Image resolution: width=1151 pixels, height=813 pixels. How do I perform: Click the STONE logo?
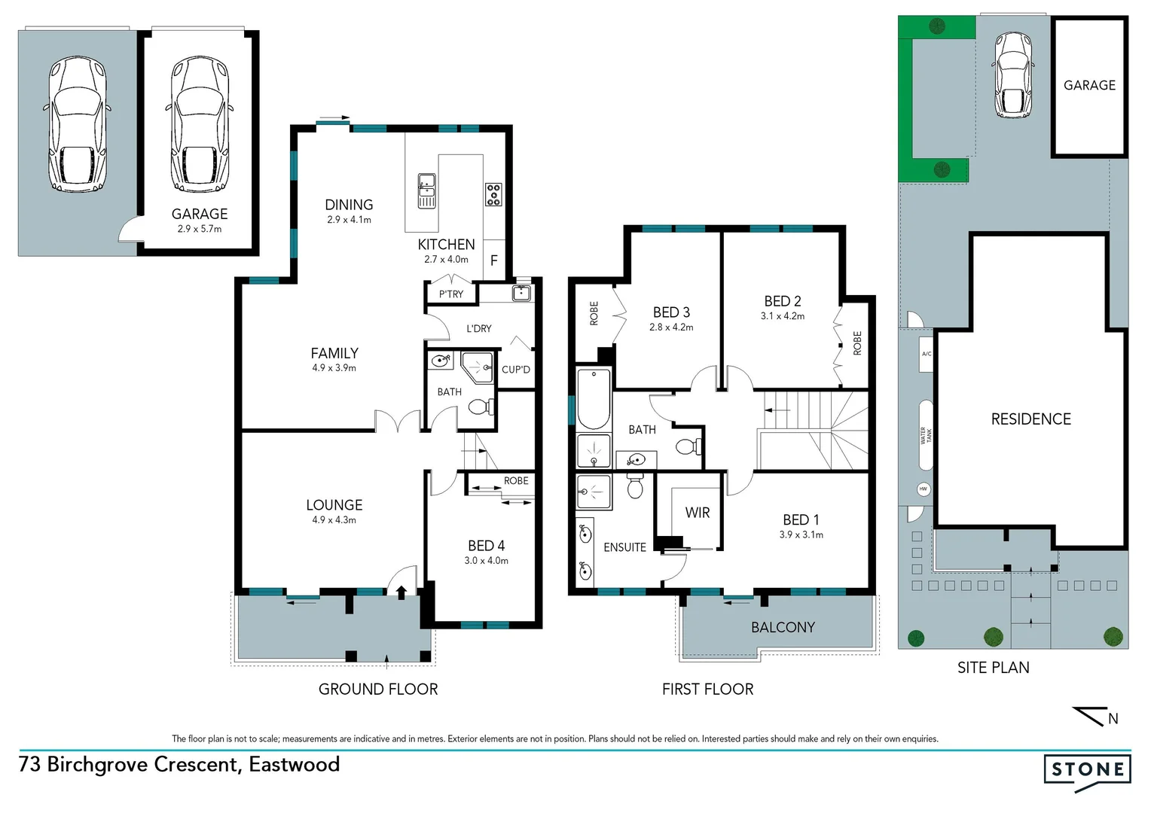pos(1087,770)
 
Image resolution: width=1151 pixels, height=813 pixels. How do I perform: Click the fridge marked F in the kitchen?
pos(494,260)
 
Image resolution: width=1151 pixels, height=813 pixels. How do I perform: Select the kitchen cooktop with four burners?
pos(493,194)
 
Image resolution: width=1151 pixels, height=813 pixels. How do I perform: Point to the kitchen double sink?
pos(426,190)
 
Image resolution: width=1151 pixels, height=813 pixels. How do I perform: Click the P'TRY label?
pos(451,294)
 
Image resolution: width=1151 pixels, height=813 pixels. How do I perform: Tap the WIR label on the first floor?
pos(697,513)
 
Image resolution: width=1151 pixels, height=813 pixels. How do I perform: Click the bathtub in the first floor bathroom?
pos(594,397)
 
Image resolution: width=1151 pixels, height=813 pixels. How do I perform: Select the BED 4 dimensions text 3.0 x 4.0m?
pos(486,560)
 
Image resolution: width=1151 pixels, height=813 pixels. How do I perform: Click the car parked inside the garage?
pos(200,124)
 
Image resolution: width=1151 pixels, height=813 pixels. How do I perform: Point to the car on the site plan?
pos(1013,75)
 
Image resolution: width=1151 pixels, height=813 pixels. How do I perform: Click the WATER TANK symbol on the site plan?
pos(926,435)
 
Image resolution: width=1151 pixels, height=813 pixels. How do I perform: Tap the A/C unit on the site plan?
pos(927,354)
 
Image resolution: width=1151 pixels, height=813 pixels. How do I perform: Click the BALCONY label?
pos(783,627)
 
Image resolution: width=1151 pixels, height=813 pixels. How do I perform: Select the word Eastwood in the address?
pos(294,765)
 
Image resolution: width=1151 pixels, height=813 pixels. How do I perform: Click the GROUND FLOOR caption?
pos(377,689)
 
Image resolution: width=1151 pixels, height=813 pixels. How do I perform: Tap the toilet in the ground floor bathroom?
pos(480,407)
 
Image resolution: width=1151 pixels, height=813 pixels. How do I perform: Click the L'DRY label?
pos(478,328)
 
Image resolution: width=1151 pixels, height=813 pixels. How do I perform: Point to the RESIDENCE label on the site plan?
pos(1030,419)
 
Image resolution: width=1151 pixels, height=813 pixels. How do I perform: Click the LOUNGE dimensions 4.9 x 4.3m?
pos(334,519)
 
